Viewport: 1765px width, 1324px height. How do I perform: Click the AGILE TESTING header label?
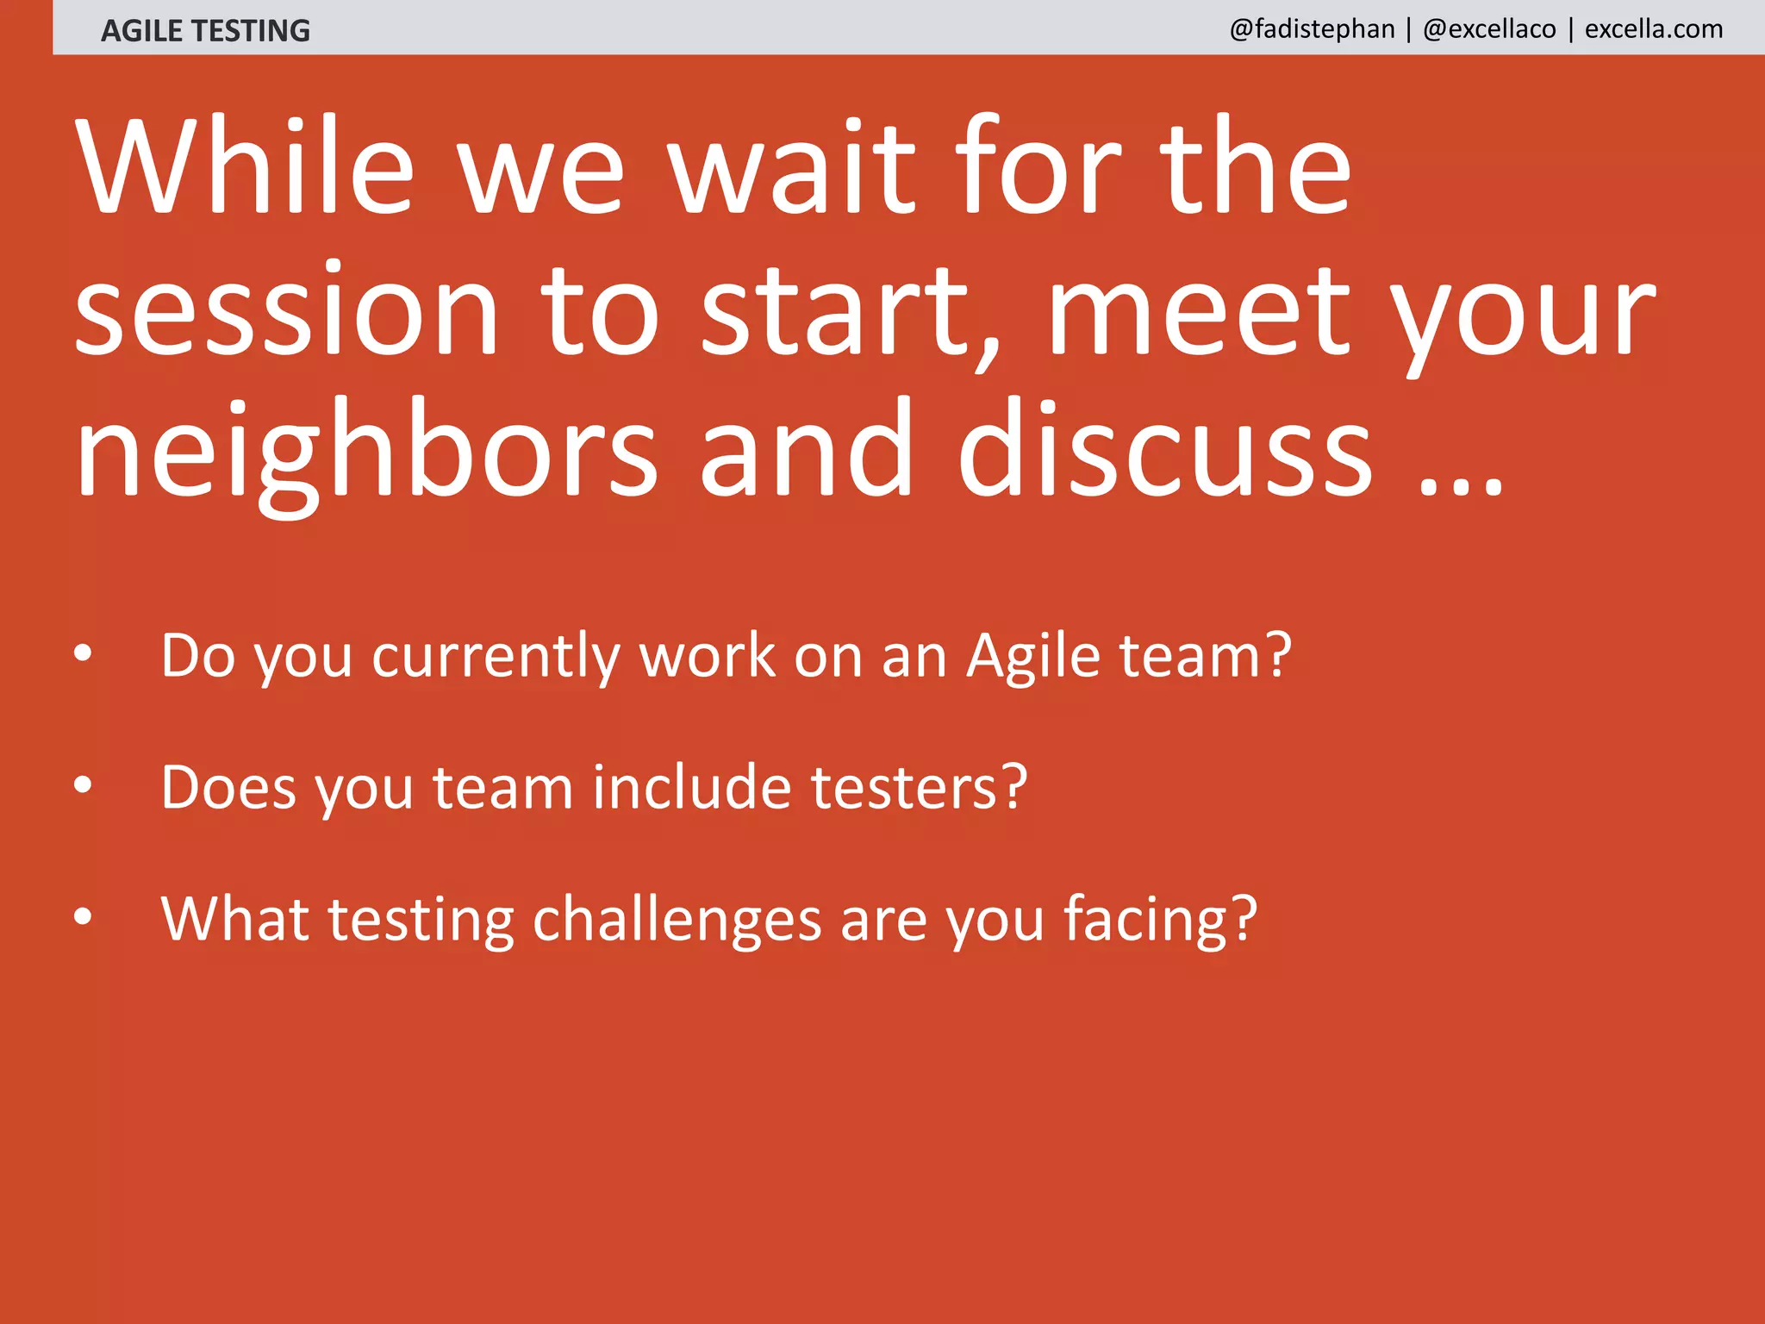point(205,30)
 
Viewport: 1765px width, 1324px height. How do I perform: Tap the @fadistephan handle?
point(1312,29)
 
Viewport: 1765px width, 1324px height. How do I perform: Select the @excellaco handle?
point(1489,29)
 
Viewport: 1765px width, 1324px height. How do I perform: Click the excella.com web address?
point(1654,29)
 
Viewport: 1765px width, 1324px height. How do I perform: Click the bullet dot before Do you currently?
point(83,653)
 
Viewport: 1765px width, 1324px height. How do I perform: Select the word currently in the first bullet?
point(496,657)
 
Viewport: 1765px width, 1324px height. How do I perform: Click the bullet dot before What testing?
point(83,915)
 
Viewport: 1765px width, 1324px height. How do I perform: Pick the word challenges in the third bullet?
point(677,920)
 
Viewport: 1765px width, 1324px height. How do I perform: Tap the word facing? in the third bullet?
point(1160,920)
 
